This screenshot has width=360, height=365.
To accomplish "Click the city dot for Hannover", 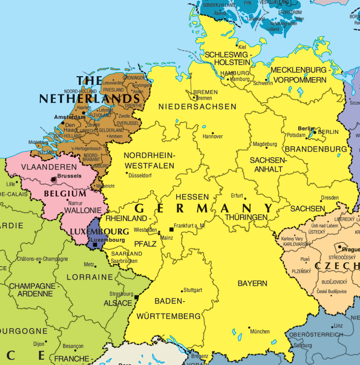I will click(x=213, y=133).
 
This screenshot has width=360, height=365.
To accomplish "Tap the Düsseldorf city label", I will click(x=140, y=176).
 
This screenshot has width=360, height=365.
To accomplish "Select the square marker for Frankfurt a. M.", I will click(x=171, y=229).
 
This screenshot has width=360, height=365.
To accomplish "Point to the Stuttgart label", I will click(x=193, y=290).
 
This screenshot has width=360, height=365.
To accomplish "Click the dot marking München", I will click(x=249, y=328).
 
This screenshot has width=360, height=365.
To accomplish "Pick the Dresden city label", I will click(x=330, y=198).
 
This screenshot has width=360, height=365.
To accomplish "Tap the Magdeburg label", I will click(x=265, y=144).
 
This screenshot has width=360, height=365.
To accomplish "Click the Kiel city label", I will click(x=242, y=47).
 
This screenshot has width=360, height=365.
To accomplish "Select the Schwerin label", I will click(x=263, y=83).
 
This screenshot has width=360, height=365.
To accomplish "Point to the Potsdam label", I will click(x=296, y=136).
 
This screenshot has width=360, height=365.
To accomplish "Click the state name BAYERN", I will click(x=252, y=283).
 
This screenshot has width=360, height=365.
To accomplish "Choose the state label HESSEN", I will click(x=192, y=197).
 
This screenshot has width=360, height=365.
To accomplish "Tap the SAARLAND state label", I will click(x=126, y=254).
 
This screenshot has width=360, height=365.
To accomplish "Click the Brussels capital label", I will click(x=69, y=176).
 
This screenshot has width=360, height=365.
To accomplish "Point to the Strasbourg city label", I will click(x=121, y=294).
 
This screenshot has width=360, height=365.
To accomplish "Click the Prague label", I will click(x=351, y=249).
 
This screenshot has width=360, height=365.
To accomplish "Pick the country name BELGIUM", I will click(x=65, y=194).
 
